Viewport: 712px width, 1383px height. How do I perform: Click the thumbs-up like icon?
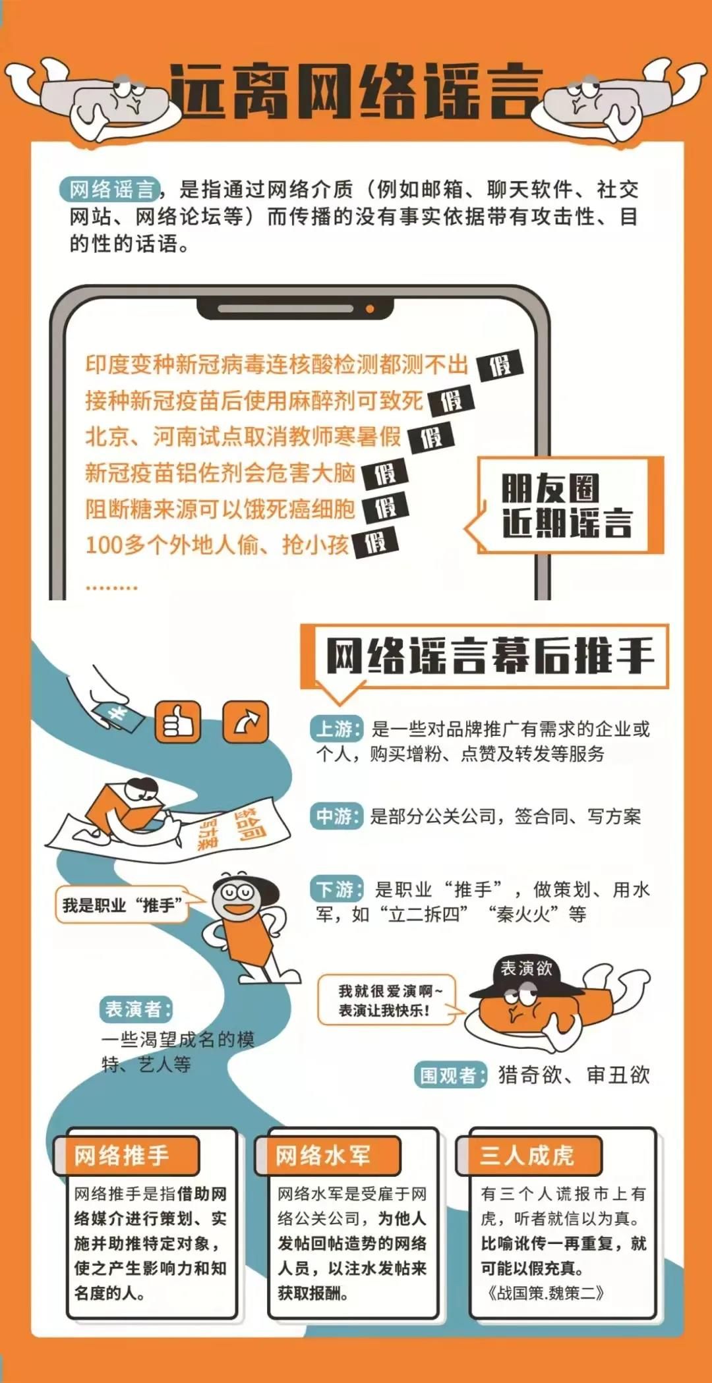[x=177, y=722]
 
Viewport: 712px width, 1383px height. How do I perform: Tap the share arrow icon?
[x=246, y=722]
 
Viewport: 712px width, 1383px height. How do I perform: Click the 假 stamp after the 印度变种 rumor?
[x=500, y=365]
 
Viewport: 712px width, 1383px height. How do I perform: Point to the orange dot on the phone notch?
[x=370, y=308]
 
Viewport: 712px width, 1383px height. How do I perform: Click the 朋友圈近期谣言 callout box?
[x=566, y=505]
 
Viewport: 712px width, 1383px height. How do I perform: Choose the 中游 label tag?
[x=336, y=816]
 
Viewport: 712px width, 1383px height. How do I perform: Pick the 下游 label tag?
[x=336, y=889]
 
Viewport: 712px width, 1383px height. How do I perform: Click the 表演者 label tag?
[x=137, y=1009]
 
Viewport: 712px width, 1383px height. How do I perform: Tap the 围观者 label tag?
[x=452, y=1075]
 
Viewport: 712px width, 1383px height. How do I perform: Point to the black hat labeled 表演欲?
[x=525, y=976]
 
